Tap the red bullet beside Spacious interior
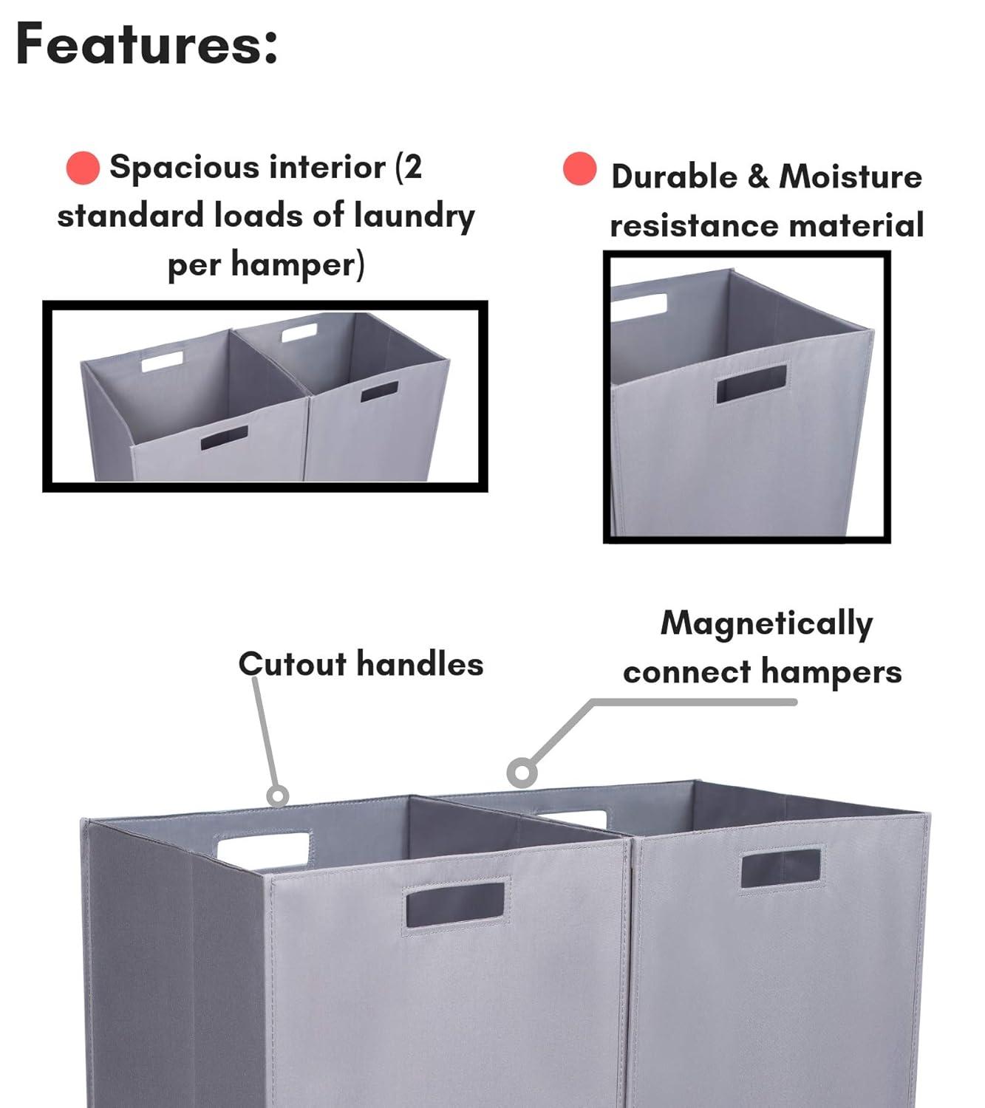click(x=83, y=168)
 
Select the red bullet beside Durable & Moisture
click(x=579, y=168)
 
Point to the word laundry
click(x=415, y=216)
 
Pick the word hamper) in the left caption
click(x=298, y=265)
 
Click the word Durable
click(x=674, y=177)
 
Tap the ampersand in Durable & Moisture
click(x=758, y=177)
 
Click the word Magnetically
click(x=766, y=623)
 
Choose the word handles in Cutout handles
click(x=420, y=664)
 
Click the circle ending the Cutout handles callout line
click(x=277, y=796)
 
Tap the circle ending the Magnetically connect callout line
click(x=522, y=773)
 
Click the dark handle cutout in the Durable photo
click(x=752, y=383)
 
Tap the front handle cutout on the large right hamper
click(x=781, y=868)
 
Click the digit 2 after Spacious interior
click(x=412, y=167)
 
